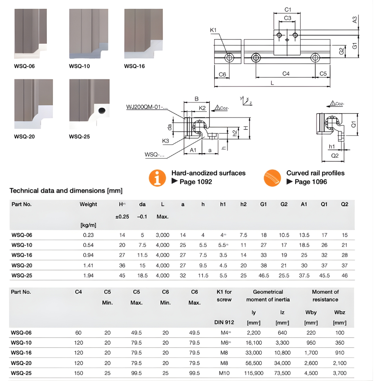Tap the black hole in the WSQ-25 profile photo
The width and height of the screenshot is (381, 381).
(102, 110)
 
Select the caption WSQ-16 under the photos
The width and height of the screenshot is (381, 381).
(134, 66)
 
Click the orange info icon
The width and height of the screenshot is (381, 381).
(157, 178)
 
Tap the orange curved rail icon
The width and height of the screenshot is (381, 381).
(272, 178)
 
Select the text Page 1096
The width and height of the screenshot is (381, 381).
(311, 182)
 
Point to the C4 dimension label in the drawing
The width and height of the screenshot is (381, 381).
(286, 74)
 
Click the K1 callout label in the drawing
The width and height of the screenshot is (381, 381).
(213, 30)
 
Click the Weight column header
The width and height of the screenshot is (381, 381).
(88, 205)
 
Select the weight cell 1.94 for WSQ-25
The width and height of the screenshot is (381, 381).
(88, 275)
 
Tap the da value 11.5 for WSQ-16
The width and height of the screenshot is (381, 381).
(142, 255)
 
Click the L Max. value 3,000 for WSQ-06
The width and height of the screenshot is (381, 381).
(163, 235)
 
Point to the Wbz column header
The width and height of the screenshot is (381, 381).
(339, 312)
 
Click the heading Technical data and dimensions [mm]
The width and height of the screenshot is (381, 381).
(66, 190)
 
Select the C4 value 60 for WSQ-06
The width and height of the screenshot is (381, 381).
(78, 333)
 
